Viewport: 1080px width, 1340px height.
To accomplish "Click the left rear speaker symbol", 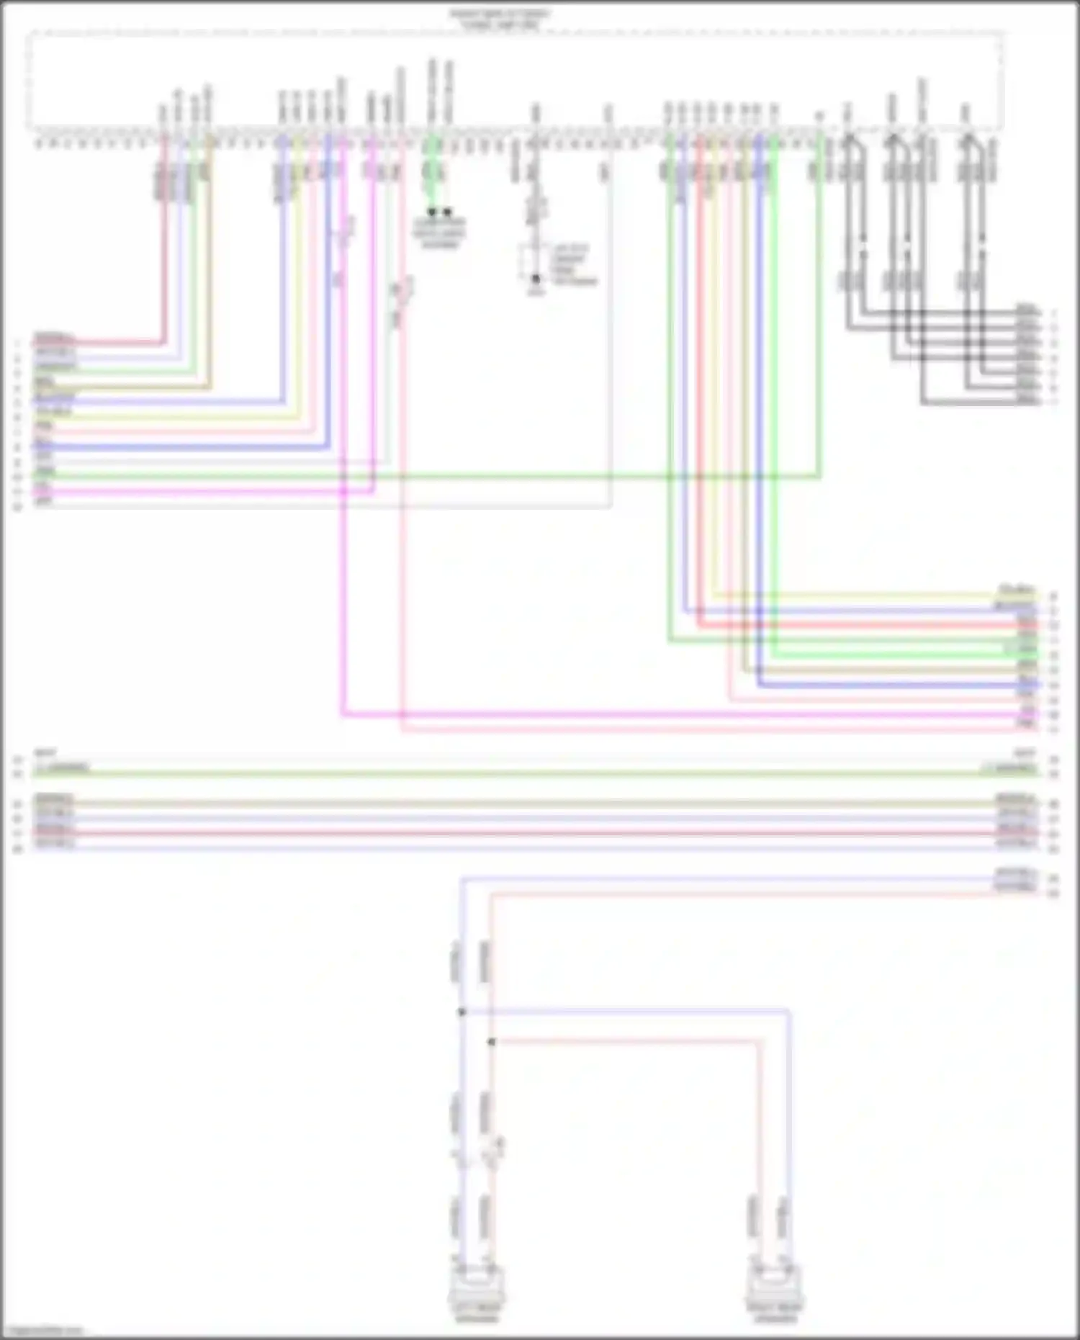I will (476, 1285).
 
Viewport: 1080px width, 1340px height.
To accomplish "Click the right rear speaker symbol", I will (774, 1285).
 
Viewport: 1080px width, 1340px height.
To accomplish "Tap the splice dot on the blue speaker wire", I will (462, 1012).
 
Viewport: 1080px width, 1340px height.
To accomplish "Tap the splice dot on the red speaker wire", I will (491, 1042).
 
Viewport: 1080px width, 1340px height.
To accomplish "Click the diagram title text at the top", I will (500, 19).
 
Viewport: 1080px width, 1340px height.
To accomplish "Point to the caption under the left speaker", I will (476, 1314).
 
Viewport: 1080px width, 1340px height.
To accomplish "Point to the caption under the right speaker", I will (775, 1314).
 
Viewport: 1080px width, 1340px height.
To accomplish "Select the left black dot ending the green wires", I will (432, 212).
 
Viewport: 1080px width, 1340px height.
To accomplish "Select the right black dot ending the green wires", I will (447, 212).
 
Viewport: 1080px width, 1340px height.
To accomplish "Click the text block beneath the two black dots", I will (439, 233).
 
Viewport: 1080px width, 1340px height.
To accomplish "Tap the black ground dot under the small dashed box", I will (536, 279).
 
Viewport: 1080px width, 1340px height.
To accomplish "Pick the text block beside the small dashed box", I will (572, 264).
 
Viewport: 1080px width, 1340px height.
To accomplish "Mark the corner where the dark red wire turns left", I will (164, 343).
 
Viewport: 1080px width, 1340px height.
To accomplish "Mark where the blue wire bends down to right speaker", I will (789, 1012).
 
